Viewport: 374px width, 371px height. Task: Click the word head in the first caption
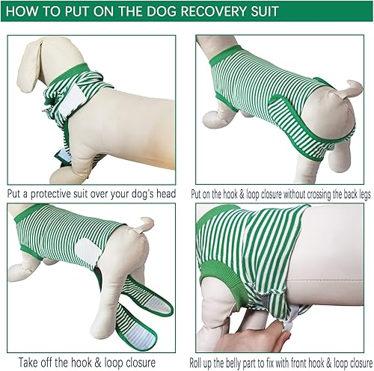click(163, 194)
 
